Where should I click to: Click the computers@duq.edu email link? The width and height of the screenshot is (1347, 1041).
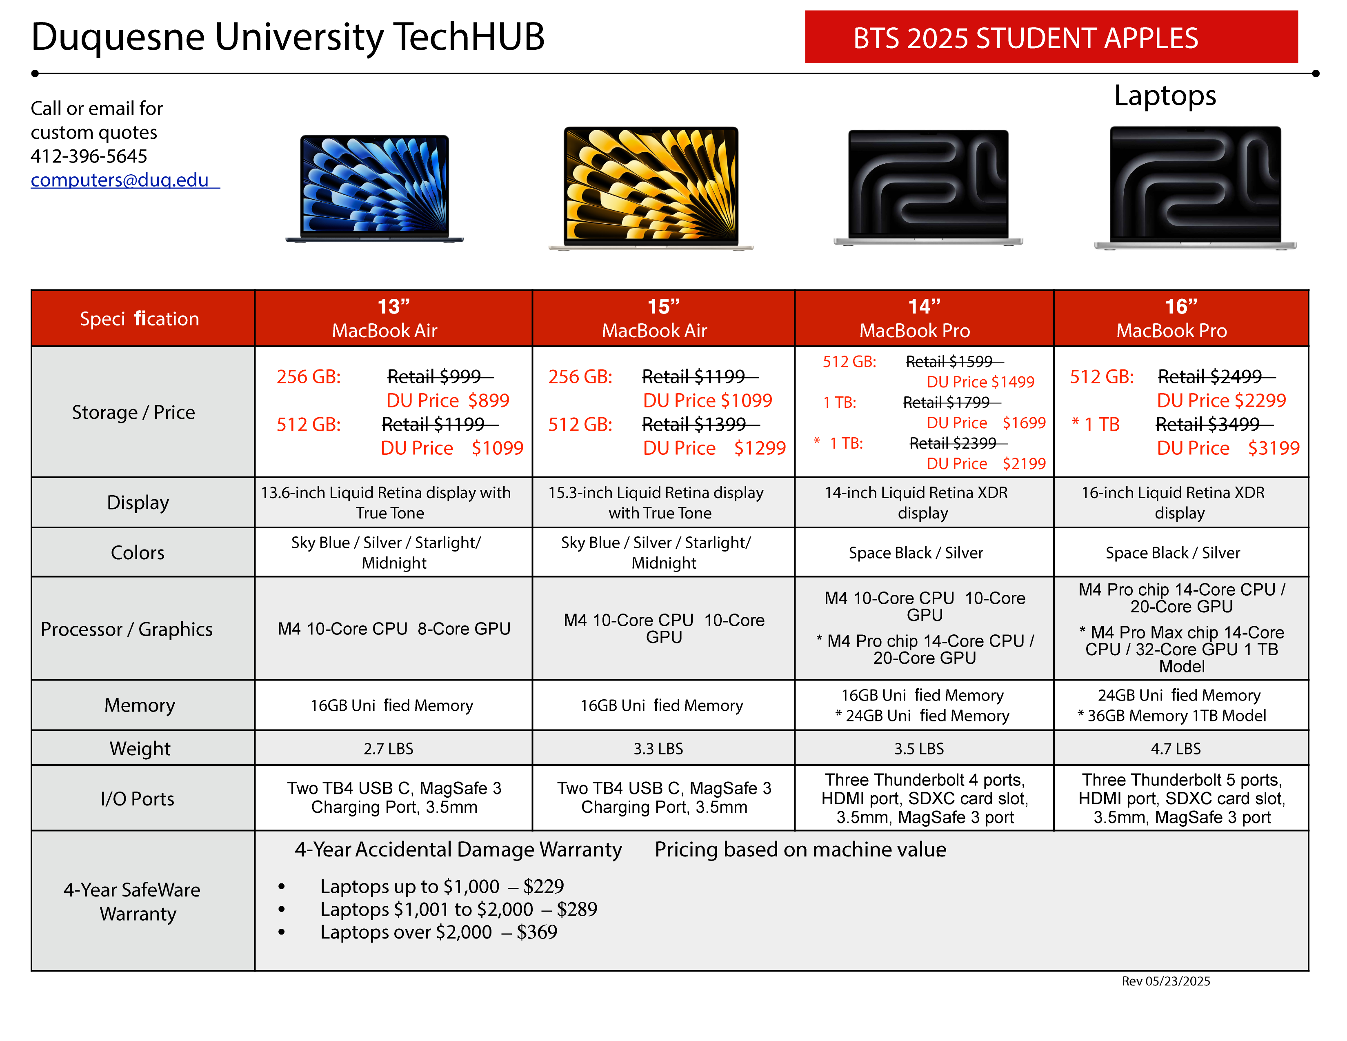125,180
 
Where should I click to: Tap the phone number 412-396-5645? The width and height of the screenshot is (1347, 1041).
89,156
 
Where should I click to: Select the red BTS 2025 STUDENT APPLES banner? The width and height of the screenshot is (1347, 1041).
1051,37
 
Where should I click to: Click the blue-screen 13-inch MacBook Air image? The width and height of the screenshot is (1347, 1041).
374,189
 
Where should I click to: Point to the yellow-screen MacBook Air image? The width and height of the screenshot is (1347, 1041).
651,189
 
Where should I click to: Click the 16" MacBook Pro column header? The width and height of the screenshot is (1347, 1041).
1180,318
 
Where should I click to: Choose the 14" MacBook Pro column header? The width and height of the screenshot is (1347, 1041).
924,318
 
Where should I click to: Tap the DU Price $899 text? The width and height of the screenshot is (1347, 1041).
448,400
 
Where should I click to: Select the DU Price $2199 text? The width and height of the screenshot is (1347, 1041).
986,464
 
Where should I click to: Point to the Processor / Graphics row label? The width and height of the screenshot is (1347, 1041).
127,629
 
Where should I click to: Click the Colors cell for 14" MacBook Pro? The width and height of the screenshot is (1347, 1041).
916,553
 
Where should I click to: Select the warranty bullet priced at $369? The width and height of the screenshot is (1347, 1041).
438,932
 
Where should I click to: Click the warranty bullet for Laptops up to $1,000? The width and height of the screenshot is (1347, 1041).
442,886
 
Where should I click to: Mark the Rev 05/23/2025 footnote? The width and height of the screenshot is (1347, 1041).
1166,981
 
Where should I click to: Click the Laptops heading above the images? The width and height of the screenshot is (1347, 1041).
1165,96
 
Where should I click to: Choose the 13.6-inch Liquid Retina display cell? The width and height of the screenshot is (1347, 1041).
386,503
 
